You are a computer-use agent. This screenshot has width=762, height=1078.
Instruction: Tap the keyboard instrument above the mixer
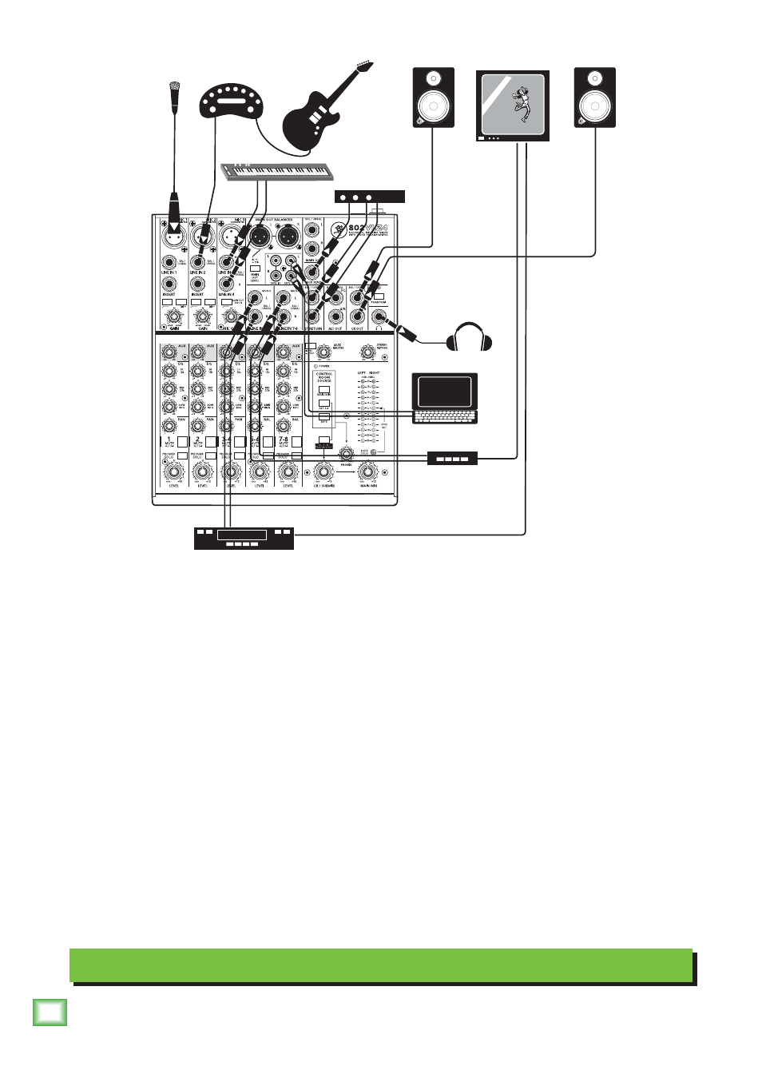276,171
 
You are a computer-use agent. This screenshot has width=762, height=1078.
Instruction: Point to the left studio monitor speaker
433,97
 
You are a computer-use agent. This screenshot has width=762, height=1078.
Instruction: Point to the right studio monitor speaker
594,97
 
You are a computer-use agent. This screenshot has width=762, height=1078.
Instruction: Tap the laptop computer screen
444,392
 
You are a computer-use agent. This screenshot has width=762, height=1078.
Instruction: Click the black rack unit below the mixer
244,538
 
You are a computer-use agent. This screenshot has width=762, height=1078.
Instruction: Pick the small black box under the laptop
452,458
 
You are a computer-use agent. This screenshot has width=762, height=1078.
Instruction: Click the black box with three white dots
369,197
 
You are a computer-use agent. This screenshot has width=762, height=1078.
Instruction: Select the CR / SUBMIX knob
323,472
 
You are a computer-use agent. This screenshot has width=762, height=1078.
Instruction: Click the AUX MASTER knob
323,352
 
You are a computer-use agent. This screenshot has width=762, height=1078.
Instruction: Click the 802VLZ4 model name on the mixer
368,228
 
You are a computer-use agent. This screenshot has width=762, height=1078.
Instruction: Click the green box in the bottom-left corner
50,1012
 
